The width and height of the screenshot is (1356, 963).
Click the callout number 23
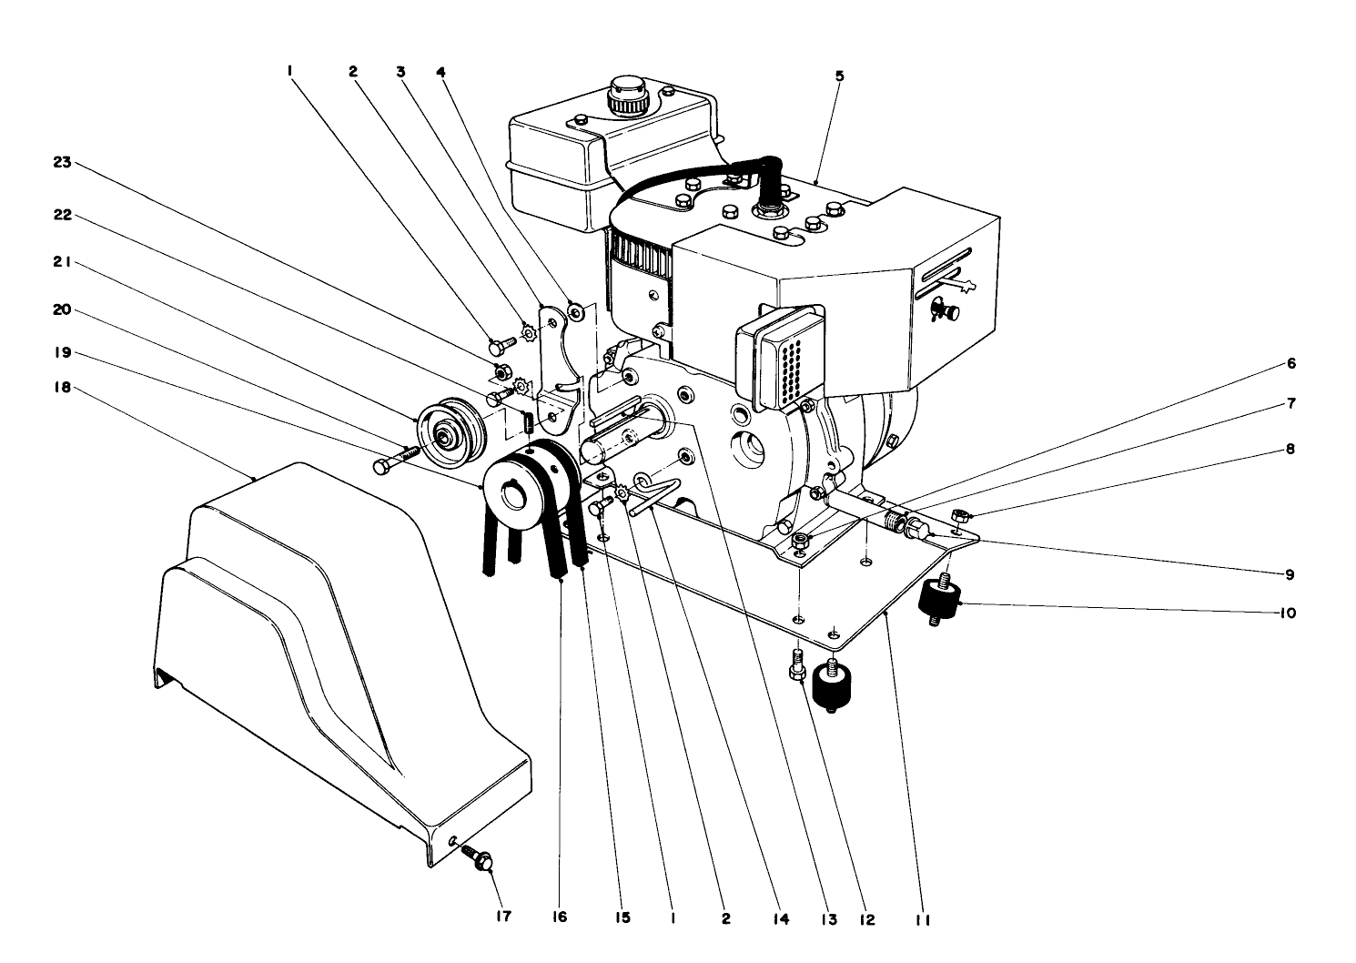click(61, 163)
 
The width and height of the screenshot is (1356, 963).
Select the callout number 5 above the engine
click(839, 76)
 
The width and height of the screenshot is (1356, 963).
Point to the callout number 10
click(1286, 613)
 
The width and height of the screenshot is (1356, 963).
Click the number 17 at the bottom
click(503, 917)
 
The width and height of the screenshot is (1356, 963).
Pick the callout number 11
click(922, 919)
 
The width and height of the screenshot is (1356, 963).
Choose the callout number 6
click(1290, 364)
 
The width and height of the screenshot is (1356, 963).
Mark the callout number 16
click(559, 917)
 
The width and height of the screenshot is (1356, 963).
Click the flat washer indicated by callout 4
click(575, 312)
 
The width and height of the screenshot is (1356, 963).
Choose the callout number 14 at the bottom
click(780, 919)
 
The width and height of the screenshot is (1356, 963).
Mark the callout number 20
click(61, 309)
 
